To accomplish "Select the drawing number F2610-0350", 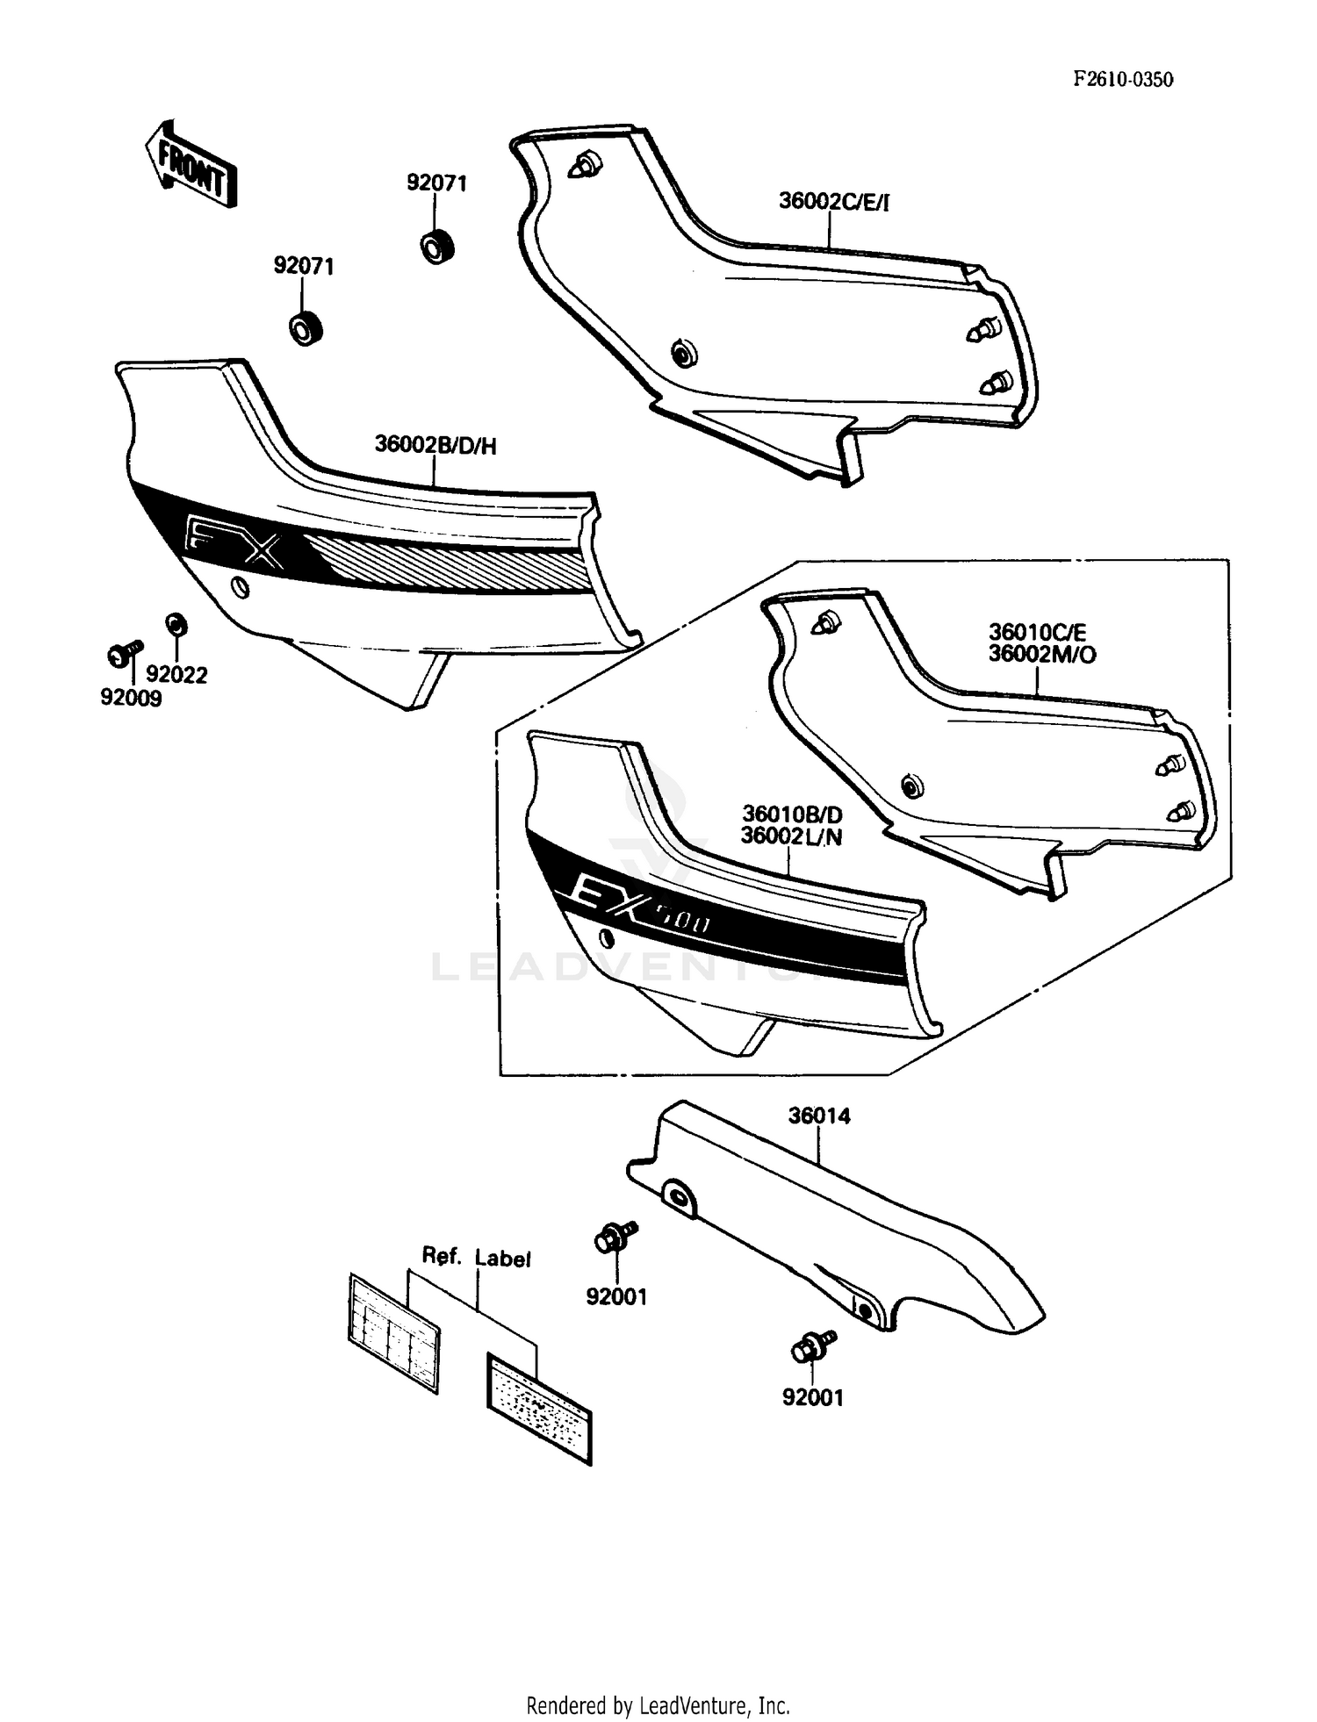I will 1123,80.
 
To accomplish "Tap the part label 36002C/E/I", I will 833,202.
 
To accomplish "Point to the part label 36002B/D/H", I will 435,446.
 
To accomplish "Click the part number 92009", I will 131,699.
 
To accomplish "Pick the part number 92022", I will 176,674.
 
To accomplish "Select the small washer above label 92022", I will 176,625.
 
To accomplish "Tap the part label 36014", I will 818,1116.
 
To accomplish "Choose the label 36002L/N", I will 791,836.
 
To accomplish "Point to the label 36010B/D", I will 792,814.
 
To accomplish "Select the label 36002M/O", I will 1042,655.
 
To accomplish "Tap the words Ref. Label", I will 476,1257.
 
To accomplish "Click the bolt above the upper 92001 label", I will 615,1238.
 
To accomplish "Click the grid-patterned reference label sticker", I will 393,1332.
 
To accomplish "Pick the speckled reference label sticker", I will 539,1407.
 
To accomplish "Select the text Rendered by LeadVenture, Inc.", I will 658,1705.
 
